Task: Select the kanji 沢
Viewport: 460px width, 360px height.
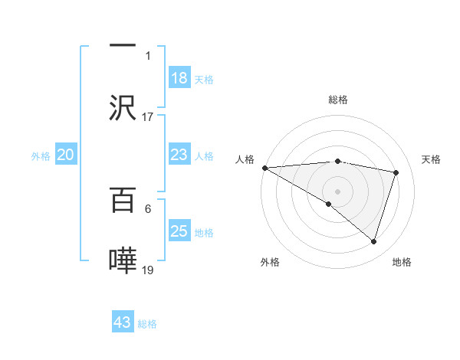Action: tap(123, 108)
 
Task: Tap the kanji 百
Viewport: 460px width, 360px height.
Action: tap(123, 201)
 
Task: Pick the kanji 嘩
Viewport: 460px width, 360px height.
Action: tap(123, 261)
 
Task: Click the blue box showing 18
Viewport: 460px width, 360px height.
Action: tap(179, 78)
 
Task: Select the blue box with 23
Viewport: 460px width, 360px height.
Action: tap(179, 155)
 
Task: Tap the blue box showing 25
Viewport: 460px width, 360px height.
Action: tap(179, 231)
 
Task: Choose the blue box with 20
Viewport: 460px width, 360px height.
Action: tap(66, 155)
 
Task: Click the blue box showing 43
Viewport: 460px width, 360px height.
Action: tap(123, 322)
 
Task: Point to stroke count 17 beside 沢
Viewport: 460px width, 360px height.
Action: tap(148, 117)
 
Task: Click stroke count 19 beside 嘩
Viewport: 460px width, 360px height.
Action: tap(148, 270)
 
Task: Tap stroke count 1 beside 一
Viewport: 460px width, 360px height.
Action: tap(148, 56)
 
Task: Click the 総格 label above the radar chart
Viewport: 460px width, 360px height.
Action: tap(338, 100)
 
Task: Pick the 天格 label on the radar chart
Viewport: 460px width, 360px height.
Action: tap(432, 159)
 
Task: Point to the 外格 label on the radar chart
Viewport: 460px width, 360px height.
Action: tap(270, 262)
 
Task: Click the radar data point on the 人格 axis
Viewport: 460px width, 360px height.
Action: tap(264, 168)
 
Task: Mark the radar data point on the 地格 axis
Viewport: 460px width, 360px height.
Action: tap(374, 242)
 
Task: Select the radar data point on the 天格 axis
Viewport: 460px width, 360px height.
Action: tap(396, 172)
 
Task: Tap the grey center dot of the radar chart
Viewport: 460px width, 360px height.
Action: tap(337, 191)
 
